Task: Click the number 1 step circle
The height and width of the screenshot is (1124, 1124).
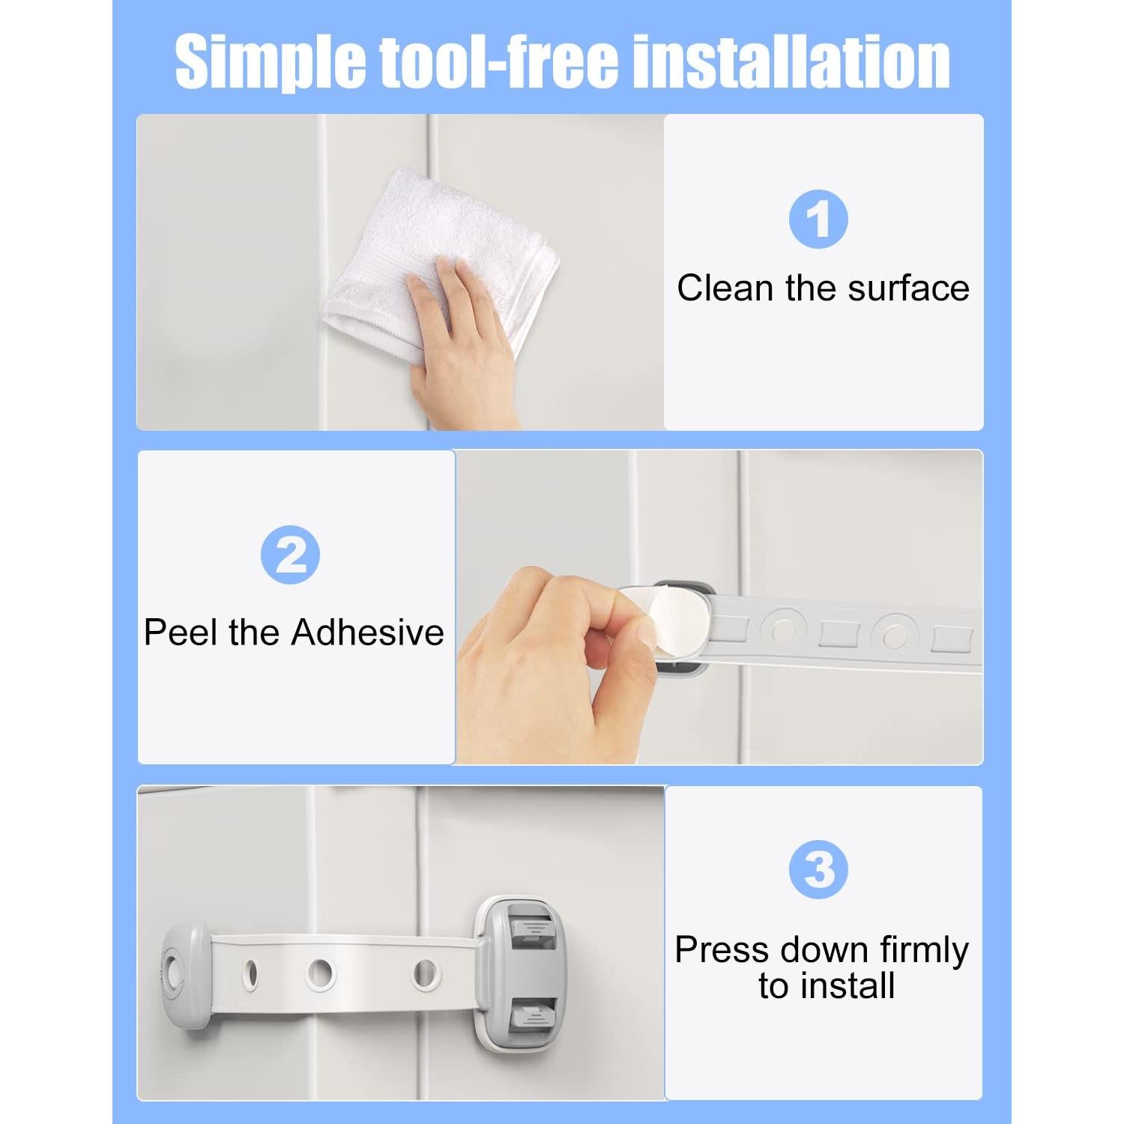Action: [818, 220]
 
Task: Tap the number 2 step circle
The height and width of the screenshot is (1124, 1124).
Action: [290, 555]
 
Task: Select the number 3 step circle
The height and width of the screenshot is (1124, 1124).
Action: [818, 869]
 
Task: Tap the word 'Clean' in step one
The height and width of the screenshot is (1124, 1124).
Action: [725, 288]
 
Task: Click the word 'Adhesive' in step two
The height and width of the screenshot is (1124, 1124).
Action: [367, 632]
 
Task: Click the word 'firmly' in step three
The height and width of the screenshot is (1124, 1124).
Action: [924, 950]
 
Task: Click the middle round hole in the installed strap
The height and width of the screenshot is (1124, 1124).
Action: [320, 973]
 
